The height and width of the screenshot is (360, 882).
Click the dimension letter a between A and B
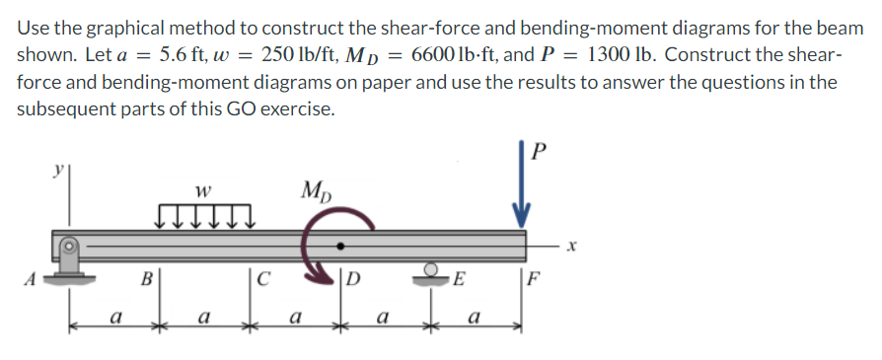[x=116, y=319]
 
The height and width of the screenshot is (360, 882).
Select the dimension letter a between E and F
[x=475, y=319]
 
